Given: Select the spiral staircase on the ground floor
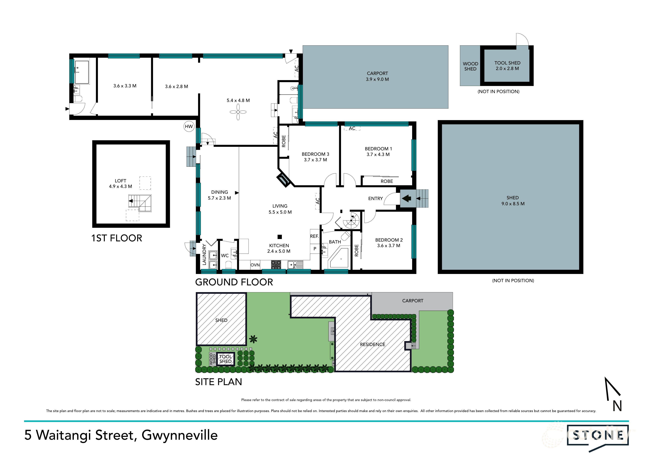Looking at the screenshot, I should (351, 220).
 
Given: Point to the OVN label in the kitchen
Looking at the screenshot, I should (255, 265).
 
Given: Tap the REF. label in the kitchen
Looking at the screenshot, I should (314, 236).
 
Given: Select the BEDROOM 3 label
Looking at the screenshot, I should (315, 154).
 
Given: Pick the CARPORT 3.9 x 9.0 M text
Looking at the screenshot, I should (377, 76).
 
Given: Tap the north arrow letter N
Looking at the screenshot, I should (617, 406).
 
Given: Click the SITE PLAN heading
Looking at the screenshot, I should (218, 382).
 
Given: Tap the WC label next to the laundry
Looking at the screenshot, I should (225, 256).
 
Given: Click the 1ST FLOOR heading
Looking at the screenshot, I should (117, 238).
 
